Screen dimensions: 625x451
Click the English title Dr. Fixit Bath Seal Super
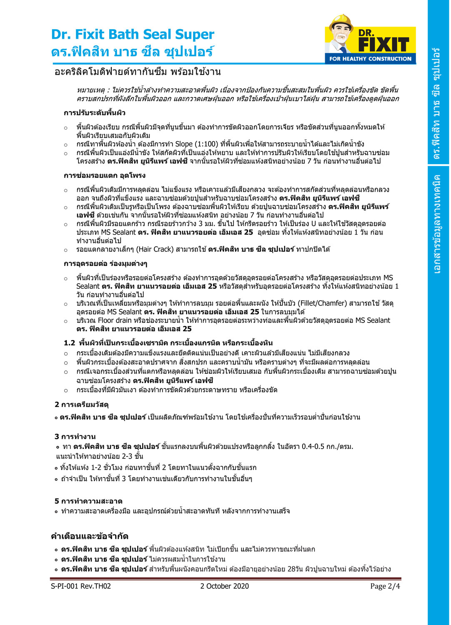point(133,34)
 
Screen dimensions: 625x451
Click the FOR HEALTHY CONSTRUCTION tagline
point(370,59)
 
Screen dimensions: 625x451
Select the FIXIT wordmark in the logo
point(383,44)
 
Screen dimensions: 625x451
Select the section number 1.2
point(69,343)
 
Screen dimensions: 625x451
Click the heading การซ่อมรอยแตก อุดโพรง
point(105,175)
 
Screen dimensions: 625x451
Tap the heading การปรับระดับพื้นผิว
point(95,113)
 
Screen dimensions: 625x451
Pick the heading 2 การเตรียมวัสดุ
point(82,405)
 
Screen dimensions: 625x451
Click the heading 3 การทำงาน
point(75,437)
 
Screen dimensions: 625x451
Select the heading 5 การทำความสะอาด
point(88,501)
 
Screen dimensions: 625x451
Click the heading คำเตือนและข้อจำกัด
point(90,536)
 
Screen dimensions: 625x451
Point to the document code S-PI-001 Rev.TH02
point(81,586)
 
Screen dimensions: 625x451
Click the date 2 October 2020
point(224,586)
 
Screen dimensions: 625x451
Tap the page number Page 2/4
point(385,586)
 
